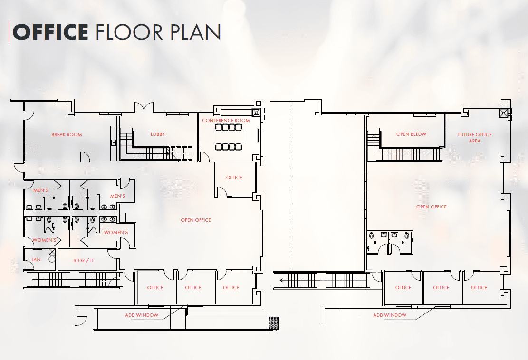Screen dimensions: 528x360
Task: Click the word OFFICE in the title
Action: (x=50, y=32)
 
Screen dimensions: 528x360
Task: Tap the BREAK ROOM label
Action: (x=67, y=134)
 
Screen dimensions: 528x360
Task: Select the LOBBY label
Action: (x=158, y=134)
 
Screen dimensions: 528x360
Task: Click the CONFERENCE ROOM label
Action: (x=226, y=121)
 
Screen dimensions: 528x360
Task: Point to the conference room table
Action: (x=229, y=137)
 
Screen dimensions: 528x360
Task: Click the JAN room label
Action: (x=36, y=260)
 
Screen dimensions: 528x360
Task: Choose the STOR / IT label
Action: (x=84, y=260)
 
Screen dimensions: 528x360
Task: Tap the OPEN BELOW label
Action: (x=411, y=134)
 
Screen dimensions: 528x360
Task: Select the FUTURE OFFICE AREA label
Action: (x=474, y=138)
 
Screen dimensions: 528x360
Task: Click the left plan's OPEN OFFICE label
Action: (x=196, y=220)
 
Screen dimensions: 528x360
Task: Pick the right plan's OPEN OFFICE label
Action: (x=432, y=207)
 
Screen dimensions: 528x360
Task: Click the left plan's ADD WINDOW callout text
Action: (x=142, y=315)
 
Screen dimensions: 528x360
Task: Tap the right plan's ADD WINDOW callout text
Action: (x=390, y=315)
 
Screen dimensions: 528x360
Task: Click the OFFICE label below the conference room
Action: (x=234, y=178)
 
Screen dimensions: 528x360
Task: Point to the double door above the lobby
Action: (x=144, y=107)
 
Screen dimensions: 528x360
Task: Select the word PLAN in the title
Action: (x=195, y=32)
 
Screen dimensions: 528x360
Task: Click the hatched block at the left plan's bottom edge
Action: (x=274, y=323)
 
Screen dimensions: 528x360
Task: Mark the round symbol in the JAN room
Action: (x=52, y=259)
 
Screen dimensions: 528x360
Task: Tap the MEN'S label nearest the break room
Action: (x=41, y=190)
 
